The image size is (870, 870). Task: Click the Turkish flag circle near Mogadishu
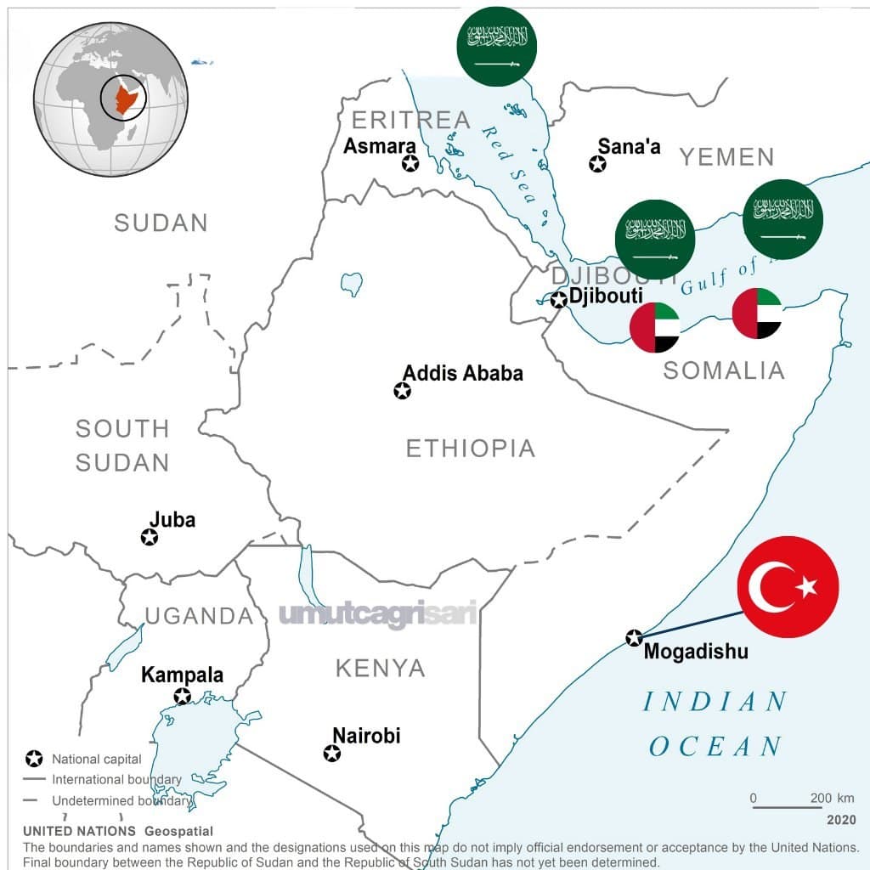click(788, 586)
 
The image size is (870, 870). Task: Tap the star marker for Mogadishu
click(634, 638)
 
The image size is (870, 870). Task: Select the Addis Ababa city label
click(463, 373)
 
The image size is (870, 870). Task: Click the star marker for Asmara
click(410, 163)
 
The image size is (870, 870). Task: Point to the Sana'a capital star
click(598, 163)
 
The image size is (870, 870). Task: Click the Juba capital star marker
click(150, 537)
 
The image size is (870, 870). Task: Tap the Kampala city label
click(182, 675)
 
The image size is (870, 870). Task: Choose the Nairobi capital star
click(332, 753)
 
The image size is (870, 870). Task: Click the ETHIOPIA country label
click(470, 449)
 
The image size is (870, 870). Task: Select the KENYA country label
click(380, 668)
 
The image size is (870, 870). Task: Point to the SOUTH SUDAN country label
click(122, 445)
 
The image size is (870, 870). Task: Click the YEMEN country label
click(726, 157)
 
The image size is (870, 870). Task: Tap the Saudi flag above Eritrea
click(497, 45)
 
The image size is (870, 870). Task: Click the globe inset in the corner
click(110, 99)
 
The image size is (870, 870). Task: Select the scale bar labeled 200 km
click(787, 804)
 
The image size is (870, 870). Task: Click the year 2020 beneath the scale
click(840, 821)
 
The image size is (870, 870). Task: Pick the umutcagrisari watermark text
click(377, 614)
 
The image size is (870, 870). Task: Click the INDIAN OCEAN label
click(715, 724)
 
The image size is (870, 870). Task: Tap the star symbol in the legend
click(34, 759)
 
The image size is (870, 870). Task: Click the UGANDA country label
click(199, 616)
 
